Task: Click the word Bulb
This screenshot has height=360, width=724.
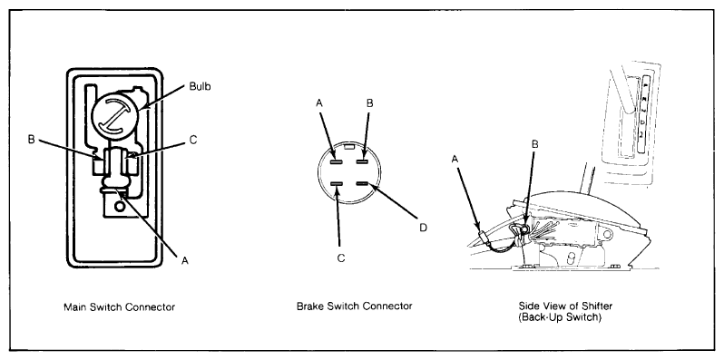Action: point(200,86)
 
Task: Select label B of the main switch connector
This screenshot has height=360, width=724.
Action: point(32,140)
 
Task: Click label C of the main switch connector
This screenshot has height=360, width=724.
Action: point(193,140)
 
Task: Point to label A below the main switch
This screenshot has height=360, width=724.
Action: point(185,261)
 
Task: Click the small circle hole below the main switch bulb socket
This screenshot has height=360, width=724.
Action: point(120,208)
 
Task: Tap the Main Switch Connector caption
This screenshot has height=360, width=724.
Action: point(119,306)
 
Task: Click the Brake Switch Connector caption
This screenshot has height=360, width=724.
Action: point(354,306)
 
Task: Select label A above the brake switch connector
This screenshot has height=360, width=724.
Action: point(320,103)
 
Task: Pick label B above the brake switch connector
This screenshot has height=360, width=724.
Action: point(369,103)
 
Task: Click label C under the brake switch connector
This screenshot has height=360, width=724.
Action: point(341,258)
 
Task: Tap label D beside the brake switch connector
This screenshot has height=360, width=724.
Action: point(423,228)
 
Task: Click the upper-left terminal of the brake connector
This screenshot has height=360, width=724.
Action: point(337,161)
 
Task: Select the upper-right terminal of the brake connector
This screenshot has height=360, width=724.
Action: point(361,161)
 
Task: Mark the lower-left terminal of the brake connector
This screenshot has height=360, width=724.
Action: point(337,184)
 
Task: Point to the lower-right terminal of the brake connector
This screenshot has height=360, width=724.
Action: point(362,184)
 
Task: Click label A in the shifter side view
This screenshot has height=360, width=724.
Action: point(455,159)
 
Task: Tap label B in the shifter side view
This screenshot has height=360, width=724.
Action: point(534,144)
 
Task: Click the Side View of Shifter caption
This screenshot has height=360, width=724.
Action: point(565,306)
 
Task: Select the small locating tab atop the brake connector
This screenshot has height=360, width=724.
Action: point(350,147)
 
